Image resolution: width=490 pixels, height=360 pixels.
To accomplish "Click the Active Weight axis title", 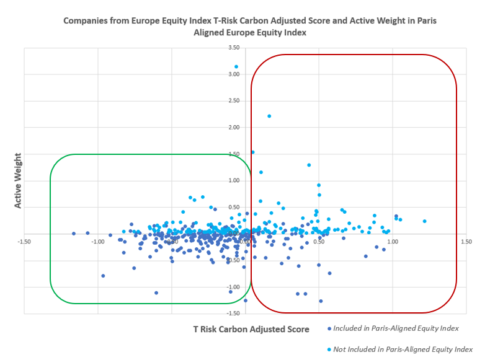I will (18, 180).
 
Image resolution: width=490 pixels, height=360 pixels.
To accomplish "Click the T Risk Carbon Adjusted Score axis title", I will (251, 330).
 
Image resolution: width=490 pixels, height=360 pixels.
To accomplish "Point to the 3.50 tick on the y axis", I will (234, 48).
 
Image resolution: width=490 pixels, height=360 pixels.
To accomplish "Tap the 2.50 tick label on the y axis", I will (234, 100).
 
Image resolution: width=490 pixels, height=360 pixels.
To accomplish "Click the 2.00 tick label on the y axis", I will (234, 127).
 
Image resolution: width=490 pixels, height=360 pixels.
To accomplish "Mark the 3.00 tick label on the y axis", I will (234, 74).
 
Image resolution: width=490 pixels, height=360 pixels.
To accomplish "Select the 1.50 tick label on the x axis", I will (466, 242).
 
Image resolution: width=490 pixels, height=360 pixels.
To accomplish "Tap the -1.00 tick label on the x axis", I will (97, 242).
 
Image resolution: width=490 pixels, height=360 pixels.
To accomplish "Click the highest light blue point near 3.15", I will (236, 67).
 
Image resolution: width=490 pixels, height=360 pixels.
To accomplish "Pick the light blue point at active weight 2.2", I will (269, 116).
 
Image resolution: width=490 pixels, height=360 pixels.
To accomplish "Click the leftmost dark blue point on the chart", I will (73, 234).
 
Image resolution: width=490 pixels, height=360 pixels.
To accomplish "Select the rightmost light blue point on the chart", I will (425, 221).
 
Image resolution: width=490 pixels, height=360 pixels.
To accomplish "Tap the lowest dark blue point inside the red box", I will (321, 301).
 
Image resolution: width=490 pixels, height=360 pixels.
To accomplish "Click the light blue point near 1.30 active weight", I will (309, 165).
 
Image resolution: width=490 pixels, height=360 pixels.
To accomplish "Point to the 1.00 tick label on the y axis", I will (234, 180).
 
